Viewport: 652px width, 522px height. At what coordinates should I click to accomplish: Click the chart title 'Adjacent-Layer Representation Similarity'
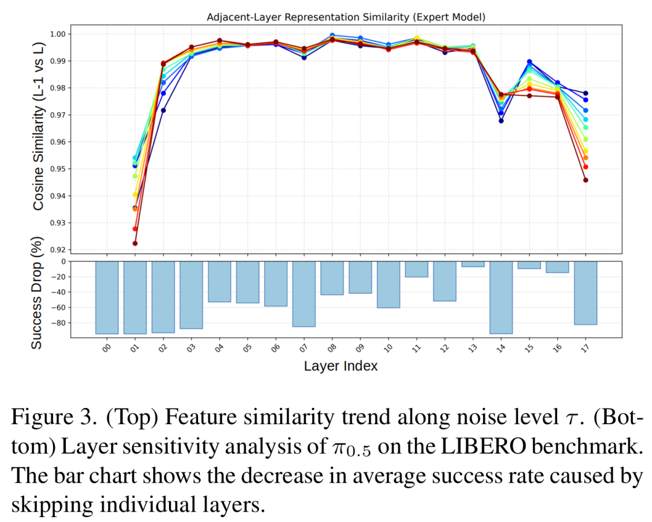(x=346, y=17)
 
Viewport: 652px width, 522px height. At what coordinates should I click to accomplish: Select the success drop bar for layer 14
(x=501, y=297)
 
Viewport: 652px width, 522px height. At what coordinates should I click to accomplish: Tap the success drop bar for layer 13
(x=473, y=264)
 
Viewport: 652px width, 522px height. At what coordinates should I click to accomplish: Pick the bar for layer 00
(x=107, y=297)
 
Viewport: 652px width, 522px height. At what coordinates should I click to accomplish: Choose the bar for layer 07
(x=304, y=294)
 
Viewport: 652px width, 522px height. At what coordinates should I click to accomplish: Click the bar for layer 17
(x=585, y=293)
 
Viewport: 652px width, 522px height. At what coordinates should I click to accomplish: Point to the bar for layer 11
(x=417, y=269)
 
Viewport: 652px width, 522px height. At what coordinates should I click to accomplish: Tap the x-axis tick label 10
(x=388, y=348)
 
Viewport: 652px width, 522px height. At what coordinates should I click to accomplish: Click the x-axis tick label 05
(x=248, y=348)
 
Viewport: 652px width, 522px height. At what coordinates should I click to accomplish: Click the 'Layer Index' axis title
(x=340, y=366)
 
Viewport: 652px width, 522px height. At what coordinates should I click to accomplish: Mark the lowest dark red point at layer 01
(x=135, y=243)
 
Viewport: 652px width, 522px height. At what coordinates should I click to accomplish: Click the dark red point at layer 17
(x=585, y=180)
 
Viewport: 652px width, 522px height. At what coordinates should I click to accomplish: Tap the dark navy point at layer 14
(x=501, y=121)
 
